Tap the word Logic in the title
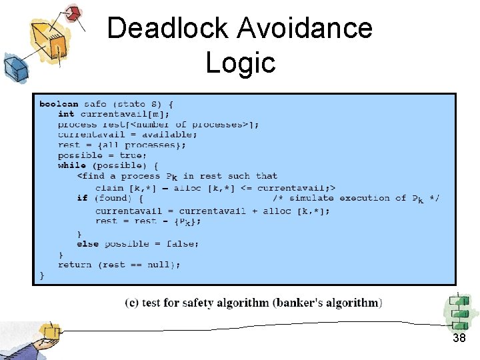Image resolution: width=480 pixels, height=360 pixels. click(240, 63)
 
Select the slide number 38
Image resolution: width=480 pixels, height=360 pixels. click(459, 339)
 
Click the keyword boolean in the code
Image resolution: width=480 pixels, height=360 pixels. click(59, 103)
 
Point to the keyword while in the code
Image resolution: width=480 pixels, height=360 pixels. click(72, 165)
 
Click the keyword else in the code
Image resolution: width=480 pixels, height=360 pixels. click(87, 244)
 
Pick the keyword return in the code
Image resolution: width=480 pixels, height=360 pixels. click(75, 265)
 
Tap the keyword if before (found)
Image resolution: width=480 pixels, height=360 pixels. click(83, 198)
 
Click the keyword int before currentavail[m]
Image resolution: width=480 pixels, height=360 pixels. click(66, 114)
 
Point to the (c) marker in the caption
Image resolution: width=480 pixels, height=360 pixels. click(132, 303)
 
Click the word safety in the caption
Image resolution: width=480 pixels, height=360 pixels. click(194, 303)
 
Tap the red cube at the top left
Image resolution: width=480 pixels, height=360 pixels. click(74, 12)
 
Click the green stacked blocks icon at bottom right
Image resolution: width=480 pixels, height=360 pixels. click(459, 312)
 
